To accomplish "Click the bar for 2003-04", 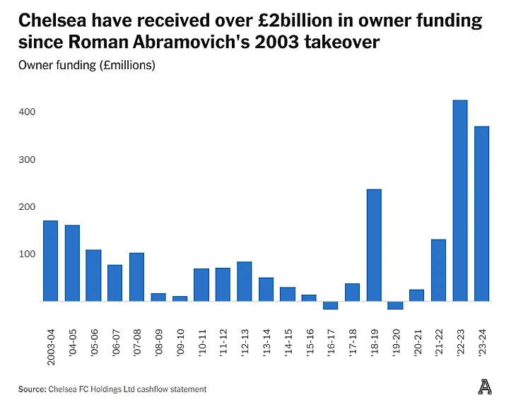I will pos(50,261).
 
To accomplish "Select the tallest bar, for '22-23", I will pos(459,201).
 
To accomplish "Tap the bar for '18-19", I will pos(373,245).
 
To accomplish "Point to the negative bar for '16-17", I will pos(330,305).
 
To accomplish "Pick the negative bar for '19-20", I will pos(395,305).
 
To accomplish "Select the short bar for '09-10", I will pos(180,298).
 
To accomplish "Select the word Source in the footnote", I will pos(31,389).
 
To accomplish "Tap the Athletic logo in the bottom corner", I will pos(484,387).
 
